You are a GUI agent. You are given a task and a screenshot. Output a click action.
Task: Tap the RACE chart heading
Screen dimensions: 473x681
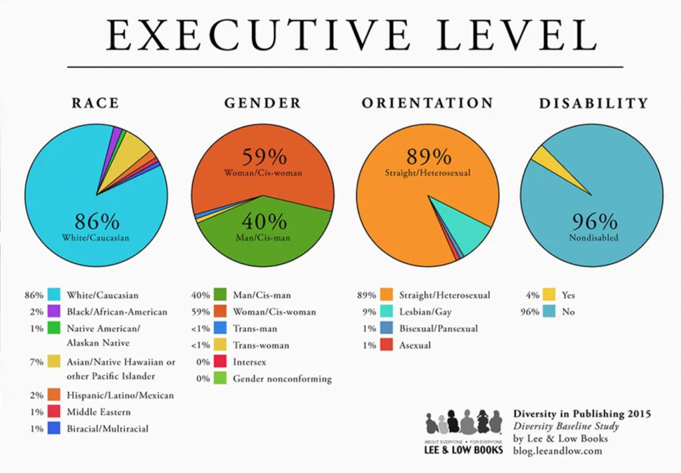[x=96, y=103]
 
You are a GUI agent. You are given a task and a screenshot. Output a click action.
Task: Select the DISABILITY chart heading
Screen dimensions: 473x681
[x=593, y=103]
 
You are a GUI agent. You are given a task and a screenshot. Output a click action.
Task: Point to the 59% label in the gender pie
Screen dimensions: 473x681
[x=263, y=157]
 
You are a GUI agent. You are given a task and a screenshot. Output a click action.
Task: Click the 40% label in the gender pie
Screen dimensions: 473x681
[x=263, y=221]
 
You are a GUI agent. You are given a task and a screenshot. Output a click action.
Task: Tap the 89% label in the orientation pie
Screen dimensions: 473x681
[x=428, y=157]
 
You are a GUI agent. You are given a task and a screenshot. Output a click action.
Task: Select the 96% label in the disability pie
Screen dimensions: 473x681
[x=594, y=222]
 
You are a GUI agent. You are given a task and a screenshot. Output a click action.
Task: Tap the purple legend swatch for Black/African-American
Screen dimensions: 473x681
[x=55, y=312]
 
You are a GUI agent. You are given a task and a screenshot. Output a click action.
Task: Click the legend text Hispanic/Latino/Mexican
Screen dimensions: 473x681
[x=120, y=395]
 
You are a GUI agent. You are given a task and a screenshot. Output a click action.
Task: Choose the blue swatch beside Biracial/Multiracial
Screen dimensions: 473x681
[x=55, y=429]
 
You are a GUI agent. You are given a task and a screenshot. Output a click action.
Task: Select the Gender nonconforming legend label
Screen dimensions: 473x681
[x=282, y=379]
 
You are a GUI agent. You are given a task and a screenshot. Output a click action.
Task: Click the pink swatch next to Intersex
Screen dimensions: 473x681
[x=221, y=362]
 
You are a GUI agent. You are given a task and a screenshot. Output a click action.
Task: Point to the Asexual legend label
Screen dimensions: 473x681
[x=415, y=345]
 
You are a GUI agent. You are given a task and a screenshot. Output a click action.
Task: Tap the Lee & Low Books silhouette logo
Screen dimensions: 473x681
[x=464, y=423]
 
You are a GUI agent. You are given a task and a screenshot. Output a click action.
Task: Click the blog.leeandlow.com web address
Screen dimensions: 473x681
[x=557, y=450]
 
